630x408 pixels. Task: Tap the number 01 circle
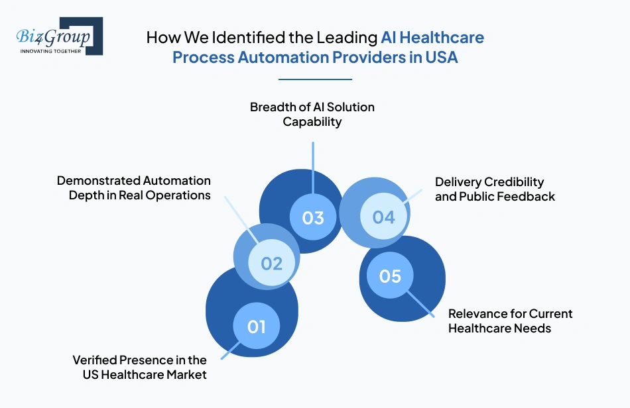(x=257, y=326)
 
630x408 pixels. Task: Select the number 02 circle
(x=271, y=263)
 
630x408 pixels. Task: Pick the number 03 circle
(x=313, y=217)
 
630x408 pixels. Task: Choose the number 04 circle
(x=383, y=217)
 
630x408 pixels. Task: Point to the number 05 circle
(x=390, y=275)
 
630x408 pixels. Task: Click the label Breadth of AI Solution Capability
(x=312, y=114)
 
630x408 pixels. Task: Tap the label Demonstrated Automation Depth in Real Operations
(x=133, y=187)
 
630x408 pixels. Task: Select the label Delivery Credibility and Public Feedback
(x=495, y=189)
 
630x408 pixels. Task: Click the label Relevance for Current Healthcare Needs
(x=510, y=321)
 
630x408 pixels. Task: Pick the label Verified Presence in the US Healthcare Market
(x=139, y=367)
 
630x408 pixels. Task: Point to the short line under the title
(x=315, y=79)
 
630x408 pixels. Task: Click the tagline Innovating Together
(x=51, y=51)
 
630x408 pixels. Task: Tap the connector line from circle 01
(x=232, y=350)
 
